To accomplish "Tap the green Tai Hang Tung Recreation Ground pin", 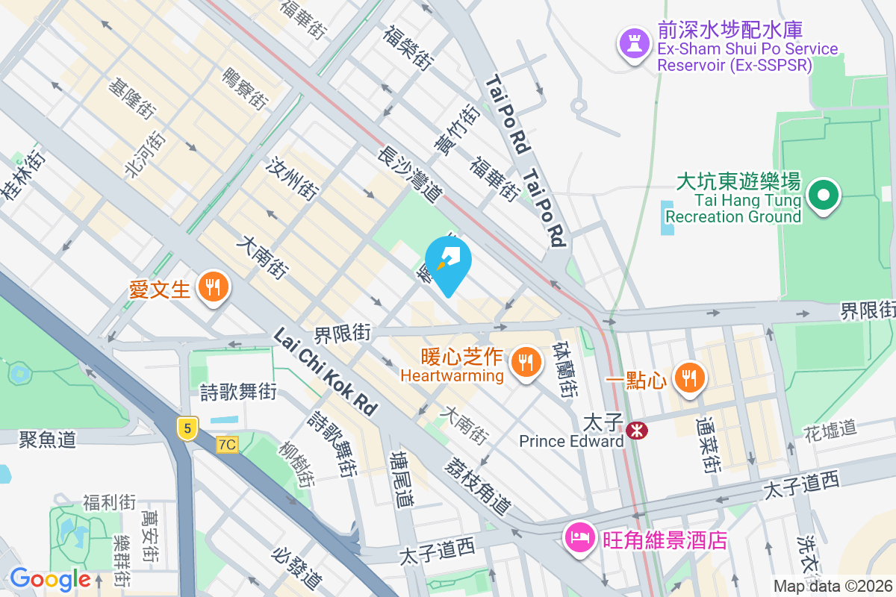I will click(824, 195).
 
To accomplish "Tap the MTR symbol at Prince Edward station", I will click(637, 431).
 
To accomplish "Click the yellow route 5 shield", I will click(187, 428).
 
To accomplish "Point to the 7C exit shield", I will click(227, 445).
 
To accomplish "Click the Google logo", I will click(50, 579).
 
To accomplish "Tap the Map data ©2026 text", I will click(832, 587).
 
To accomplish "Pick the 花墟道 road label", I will click(830, 429).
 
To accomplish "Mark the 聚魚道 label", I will click(48, 440).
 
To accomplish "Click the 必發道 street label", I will click(297, 568).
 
